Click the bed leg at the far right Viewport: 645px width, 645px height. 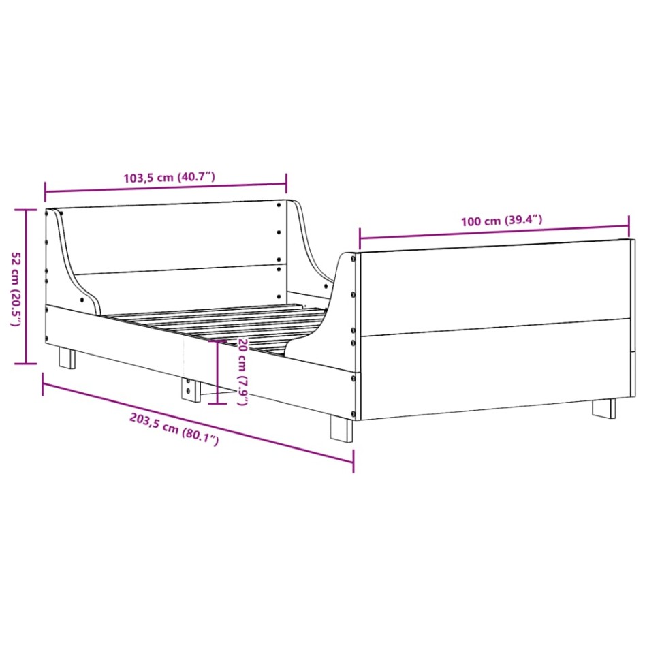[x=603, y=408]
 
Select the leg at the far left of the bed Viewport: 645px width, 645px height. [x=67, y=358]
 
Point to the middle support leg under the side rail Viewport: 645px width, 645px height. [x=189, y=388]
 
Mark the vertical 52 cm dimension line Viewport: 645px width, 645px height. [x=27, y=286]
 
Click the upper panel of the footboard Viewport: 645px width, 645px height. [x=494, y=286]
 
